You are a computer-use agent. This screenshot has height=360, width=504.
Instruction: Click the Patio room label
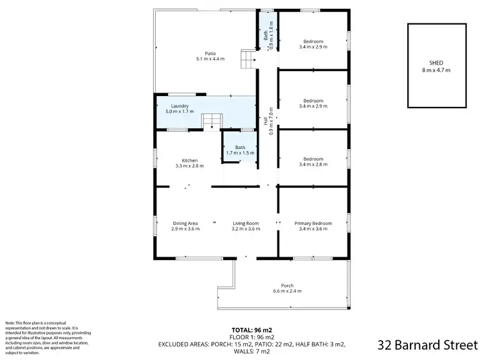point(210,54)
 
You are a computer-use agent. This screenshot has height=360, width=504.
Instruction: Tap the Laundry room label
point(179,106)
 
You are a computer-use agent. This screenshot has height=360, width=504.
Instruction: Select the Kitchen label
point(189,160)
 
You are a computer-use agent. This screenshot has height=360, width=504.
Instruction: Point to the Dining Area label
point(185,223)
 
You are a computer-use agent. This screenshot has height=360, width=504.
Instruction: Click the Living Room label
point(246,223)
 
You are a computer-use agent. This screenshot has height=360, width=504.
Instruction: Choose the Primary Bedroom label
point(313,223)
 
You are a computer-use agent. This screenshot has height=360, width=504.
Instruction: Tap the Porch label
point(287,285)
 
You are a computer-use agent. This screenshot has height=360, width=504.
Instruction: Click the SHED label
point(436,64)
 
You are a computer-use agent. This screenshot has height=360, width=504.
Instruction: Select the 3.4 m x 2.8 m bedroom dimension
point(313,165)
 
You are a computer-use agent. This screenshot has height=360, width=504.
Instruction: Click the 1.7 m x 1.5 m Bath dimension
point(240,153)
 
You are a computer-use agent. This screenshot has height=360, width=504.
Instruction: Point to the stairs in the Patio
point(249,60)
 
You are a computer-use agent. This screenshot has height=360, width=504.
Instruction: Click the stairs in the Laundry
point(212,122)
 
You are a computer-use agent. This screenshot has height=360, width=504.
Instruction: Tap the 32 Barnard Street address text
point(427,345)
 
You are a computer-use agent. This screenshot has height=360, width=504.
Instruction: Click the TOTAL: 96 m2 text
point(253,330)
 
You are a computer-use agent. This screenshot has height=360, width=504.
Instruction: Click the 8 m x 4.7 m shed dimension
point(436,70)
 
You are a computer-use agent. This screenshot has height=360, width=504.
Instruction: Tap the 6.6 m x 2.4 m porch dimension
point(287,291)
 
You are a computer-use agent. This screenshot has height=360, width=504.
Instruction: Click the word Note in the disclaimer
point(11,323)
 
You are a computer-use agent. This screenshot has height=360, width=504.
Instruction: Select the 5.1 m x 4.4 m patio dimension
point(210,59)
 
